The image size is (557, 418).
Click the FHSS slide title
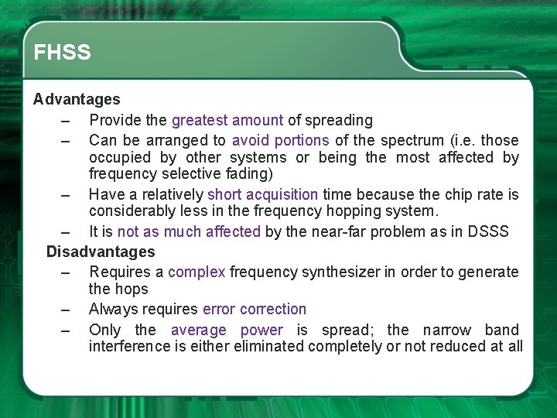pyautogui.click(x=63, y=53)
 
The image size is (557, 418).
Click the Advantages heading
pyautogui.click(x=77, y=99)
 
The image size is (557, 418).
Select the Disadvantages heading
pyautogui.click(x=101, y=252)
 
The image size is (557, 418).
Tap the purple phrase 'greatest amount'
pyautogui.click(x=227, y=120)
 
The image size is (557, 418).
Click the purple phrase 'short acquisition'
pyautogui.click(x=263, y=194)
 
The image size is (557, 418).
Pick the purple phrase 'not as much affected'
pyautogui.click(x=189, y=231)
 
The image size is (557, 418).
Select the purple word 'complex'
pyautogui.click(x=196, y=272)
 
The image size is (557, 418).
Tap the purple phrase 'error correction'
pyautogui.click(x=255, y=309)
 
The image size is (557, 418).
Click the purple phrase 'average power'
pyautogui.click(x=227, y=330)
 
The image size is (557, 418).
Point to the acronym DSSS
pyautogui.click(x=488, y=231)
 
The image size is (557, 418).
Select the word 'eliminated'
pyautogui.click(x=271, y=346)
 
